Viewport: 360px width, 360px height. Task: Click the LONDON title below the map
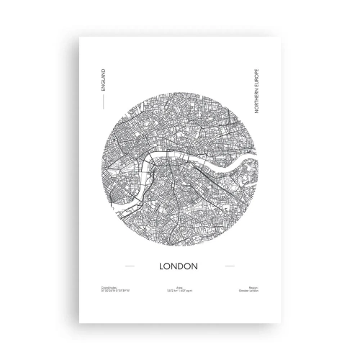click(x=180, y=265)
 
